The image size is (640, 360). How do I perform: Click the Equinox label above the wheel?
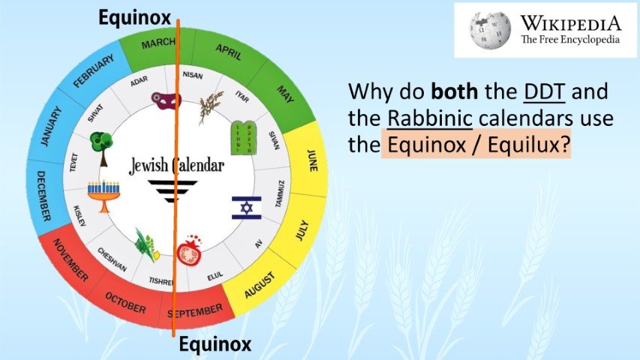point(134,17)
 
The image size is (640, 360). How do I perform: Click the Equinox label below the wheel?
point(214,344)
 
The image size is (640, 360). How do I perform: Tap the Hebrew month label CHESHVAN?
point(111,259)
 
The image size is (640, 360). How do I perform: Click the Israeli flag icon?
point(246,207)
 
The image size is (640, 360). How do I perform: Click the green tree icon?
point(99,143)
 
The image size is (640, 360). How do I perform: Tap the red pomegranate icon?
point(188,253)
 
